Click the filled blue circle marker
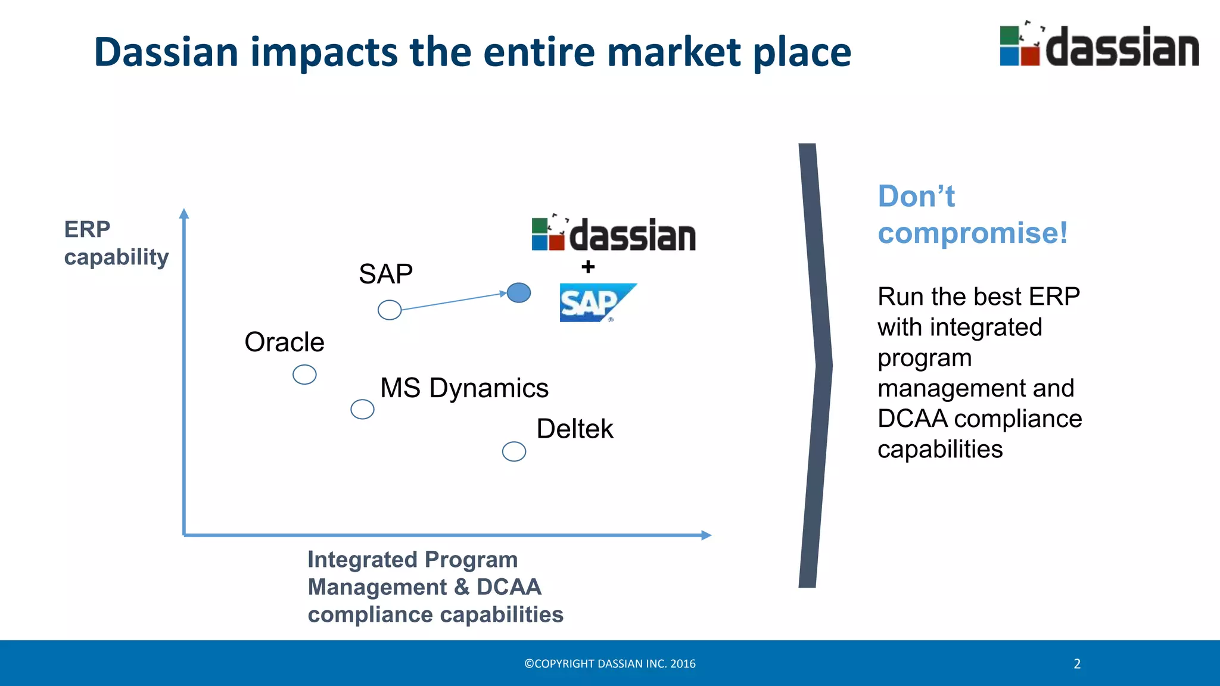(x=519, y=292)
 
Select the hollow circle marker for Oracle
(x=304, y=375)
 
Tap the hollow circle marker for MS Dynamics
(x=362, y=409)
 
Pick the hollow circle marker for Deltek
(x=514, y=451)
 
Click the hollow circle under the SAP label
(x=390, y=310)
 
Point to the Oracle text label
(x=284, y=342)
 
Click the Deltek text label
(x=574, y=429)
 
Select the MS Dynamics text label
(x=464, y=388)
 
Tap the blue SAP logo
(x=596, y=303)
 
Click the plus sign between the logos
(x=588, y=267)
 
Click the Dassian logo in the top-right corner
(x=1099, y=46)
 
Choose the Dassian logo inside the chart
(x=614, y=234)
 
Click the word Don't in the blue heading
(x=916, y=197)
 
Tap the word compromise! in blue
(x=972, y=233)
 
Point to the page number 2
(x=1077, y=664)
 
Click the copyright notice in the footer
(x=610, y=664)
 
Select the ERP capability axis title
(x=116, y=243)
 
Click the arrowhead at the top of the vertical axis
(x=184, y=213)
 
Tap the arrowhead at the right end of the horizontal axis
(x=707, y=535)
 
